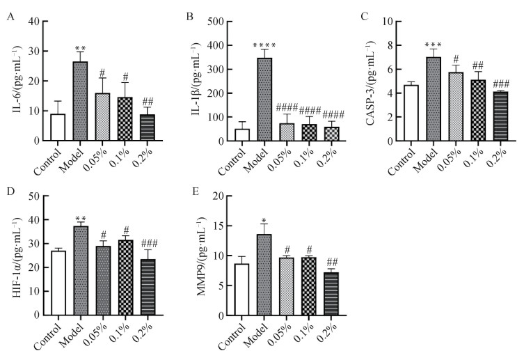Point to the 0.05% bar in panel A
pos(104,117)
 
